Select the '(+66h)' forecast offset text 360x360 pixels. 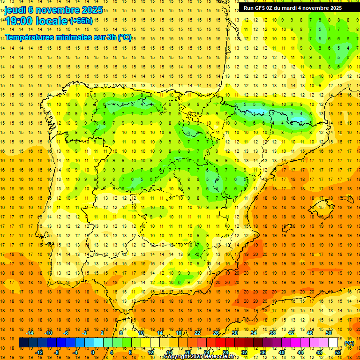point(81,21)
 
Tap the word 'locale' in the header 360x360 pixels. point(52,22)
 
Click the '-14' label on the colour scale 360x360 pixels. point(30,333)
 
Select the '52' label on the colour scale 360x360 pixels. point(338,352)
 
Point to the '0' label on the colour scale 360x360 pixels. point(93,352)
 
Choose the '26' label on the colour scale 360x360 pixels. point(216,333)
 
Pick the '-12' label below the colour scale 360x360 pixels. point(39,352)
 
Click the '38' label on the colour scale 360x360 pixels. point(272,333)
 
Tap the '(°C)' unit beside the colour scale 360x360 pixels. point(349,343)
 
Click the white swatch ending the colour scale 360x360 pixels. point(333,343)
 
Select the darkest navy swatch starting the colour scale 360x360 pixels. point(23,343)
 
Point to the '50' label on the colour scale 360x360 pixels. point(329,333)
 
